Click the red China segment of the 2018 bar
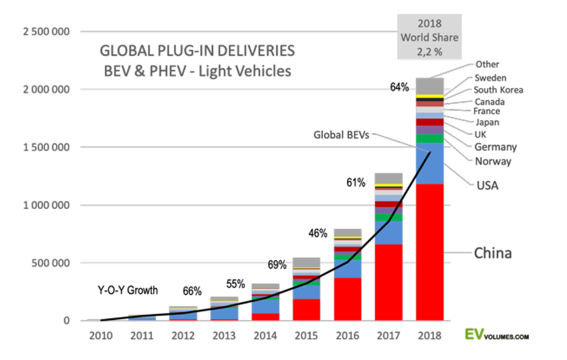tap(430, 252)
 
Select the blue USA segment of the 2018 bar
tap(430, 163)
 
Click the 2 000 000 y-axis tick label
tap(47, 89)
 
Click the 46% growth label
tap(317, 233)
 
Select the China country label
tap(492, 254)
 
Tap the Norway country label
tap(493, 162)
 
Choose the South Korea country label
tap(498, 90)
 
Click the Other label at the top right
tap(487, 65)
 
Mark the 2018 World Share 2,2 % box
tap(430, 37)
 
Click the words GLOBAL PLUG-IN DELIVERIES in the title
tap(197, 51)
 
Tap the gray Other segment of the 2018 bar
tap(430, 86)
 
